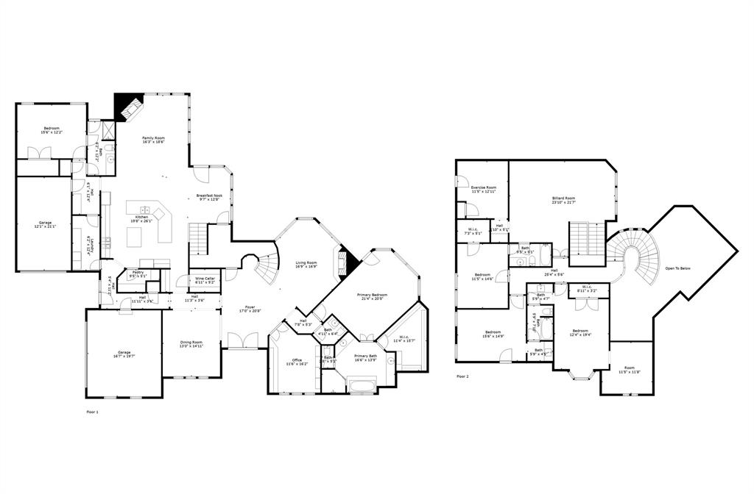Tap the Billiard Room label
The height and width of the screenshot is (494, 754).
point(563,198)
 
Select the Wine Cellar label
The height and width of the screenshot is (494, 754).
point(205,279)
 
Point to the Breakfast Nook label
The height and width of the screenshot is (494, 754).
point(209,196)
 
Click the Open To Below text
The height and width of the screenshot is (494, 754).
point(677,268)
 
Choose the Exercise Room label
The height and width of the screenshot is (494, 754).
point(484,187)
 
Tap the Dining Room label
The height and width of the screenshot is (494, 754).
point(191,343)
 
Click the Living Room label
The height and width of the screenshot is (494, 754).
point(306,262)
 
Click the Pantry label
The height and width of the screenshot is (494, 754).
point(138,272)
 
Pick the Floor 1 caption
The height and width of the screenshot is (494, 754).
point(92,412)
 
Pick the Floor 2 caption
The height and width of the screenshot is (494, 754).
point(462,376)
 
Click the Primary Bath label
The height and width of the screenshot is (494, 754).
point(366,356)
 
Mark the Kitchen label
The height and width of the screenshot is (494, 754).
point(141,218)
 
